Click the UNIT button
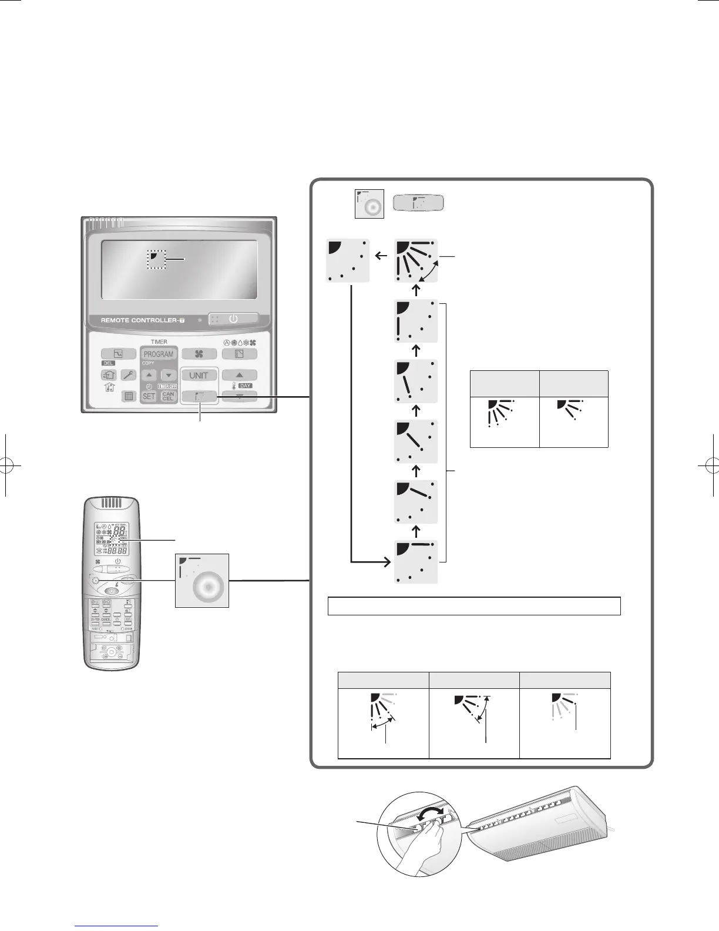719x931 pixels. click(199, 375)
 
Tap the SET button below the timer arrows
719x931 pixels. click(149, 396)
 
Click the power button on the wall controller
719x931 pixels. click(233, 319)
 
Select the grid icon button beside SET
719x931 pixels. click(129, 396)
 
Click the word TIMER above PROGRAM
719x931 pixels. click(159, 341)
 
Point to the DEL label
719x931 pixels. click(109, 363)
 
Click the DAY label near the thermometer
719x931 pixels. click(245, 386)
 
